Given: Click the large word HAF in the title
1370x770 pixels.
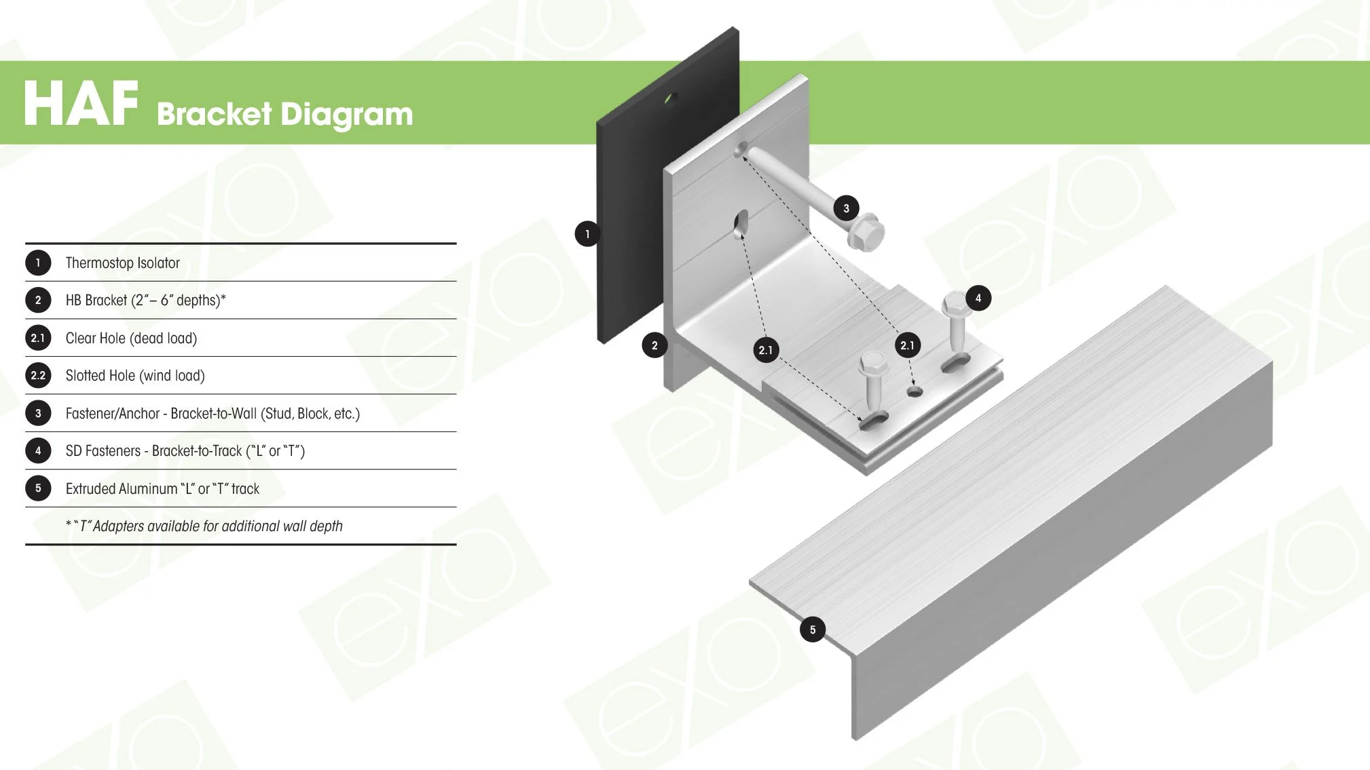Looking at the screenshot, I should pos(81,104).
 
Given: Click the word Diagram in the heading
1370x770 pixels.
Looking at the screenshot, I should pos(347,114).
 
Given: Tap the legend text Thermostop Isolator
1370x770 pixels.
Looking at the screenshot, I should pos(122,263).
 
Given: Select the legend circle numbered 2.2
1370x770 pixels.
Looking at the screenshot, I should pos(38,375).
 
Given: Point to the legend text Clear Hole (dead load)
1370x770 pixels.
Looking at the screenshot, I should pos(131,338).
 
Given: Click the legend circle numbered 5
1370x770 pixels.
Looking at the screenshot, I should pos(38,488).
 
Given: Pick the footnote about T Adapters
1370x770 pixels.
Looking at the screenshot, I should pos(204,526).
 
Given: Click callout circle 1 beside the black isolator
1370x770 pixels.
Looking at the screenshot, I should pos(587,234).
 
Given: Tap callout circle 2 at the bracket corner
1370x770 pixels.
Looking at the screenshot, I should pos(654,345).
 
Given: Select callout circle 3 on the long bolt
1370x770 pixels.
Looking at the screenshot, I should pos(846,208).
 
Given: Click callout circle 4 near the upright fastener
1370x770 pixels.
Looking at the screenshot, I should pos(978,298).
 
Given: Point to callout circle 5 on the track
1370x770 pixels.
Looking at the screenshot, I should pos(813,630).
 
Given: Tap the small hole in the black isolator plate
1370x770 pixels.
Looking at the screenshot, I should pos(670,99).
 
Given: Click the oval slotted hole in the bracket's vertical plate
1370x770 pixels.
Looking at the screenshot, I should pos(741,224).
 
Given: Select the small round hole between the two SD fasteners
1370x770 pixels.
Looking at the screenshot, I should pos(915,391).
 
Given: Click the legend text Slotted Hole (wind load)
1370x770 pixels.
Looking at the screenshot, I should pos(135,376).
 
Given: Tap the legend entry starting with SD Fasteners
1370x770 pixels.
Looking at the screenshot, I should pos(185,451).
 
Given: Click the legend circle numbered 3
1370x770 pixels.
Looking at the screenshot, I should pos(38,413).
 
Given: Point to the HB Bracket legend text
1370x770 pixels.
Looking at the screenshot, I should pos(145,301).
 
